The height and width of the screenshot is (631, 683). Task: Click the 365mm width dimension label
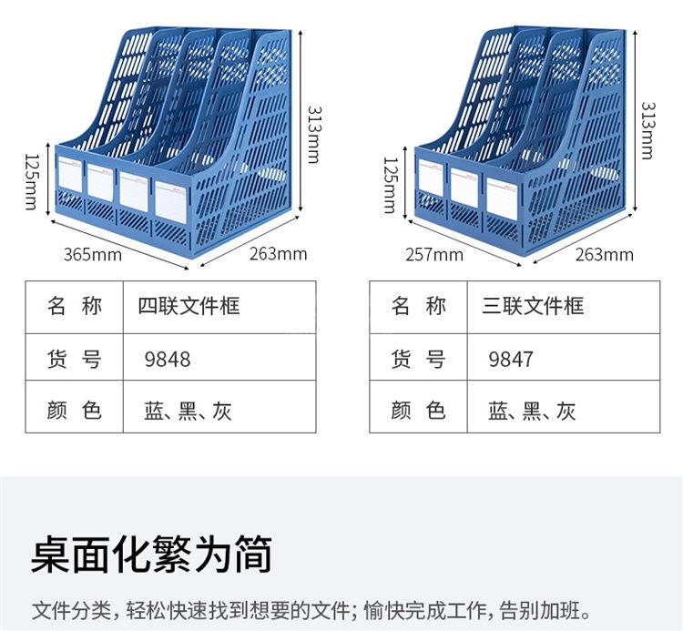point(92,254)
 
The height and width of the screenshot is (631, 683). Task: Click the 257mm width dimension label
point(434,254)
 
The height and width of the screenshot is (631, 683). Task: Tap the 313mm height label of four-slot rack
point(312,132)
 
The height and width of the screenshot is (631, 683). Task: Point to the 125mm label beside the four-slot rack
point(31,179)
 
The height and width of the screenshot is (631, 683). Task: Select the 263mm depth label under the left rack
point(278,254)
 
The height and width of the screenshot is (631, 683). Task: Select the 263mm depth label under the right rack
point(604,254)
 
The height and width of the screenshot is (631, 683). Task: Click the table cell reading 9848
point(168,359)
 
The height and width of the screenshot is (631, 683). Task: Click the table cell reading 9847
point(511,359)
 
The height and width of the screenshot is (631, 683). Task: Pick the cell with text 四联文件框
point(189,306)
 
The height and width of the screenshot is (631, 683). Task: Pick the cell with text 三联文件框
point(533,306)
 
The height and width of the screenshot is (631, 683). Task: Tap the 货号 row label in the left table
point(74,359)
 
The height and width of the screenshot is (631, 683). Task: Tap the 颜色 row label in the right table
point(418,411)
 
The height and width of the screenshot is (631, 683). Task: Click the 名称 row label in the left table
point(74,306)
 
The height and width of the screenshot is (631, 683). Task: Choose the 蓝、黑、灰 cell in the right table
point(532,411)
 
